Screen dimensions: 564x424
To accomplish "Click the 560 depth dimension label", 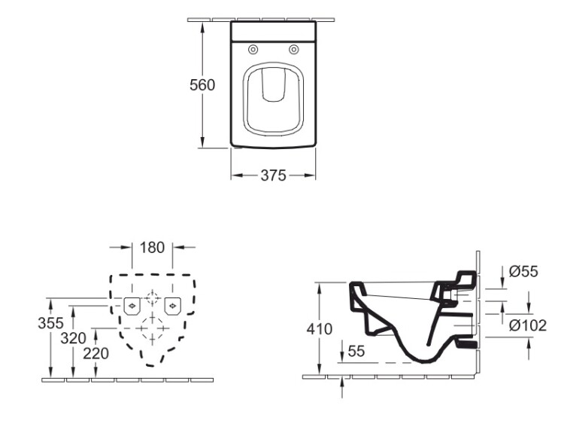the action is pos(202,85).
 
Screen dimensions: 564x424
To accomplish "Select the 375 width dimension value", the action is pos(274,175).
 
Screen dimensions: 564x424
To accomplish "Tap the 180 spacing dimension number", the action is pos(152,248).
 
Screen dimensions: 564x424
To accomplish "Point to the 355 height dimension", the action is pos(50,323).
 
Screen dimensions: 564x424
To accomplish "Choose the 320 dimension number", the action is pos(74,338).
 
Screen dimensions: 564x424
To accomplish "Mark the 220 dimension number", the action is pos(96,353).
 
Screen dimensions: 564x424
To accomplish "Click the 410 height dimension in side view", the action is pos(320,329).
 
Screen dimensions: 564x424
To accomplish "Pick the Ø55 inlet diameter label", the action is pos(523,271).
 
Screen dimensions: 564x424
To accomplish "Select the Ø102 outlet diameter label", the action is pos(528,325).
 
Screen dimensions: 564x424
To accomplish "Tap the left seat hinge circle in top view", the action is pos(253,50).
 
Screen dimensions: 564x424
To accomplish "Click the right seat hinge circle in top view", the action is pos(294,50).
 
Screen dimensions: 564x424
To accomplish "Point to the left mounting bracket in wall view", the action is pos(132,307).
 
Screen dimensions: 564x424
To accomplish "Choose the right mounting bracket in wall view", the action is pos(173,307).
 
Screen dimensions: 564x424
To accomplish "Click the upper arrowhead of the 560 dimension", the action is pos(203,27).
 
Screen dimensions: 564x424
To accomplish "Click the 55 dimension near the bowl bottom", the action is pos(356,350).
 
